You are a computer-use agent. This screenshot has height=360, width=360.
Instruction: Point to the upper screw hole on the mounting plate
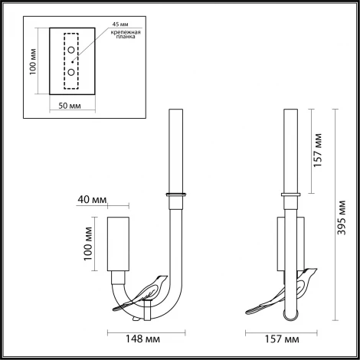[70, 50]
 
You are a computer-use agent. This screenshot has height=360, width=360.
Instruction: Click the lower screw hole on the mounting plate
[70, 72]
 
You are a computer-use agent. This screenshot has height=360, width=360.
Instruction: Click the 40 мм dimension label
[92, 202]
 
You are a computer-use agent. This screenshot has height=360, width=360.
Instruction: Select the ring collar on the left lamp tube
[175, 193]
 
